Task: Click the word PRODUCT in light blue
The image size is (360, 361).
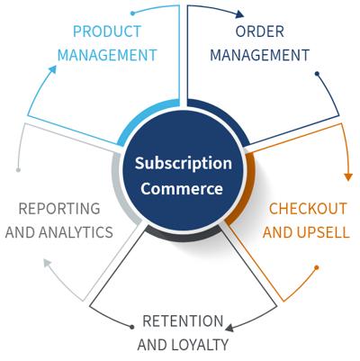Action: click(x=107, y=32)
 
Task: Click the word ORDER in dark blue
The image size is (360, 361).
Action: click(x=260, y=32)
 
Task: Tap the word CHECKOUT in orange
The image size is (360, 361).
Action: click(x=308, y=209)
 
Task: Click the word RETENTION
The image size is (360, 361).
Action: click(x=183, y=321)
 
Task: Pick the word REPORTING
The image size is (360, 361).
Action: click(x=59, y=209)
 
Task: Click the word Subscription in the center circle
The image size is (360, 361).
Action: click(x=184, y=164)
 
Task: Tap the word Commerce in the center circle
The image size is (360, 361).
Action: click(x=182, y=189)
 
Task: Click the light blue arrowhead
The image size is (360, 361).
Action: click(x=53, y=69)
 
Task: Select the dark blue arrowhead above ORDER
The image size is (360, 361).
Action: click(x=239, y=14)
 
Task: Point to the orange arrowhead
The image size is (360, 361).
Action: click(x=348, y=176)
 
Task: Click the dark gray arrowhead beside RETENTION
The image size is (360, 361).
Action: click(x=229, y=328)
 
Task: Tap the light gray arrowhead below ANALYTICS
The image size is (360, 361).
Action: click(x=48, y=263)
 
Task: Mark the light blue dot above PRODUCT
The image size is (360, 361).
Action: click(x=133, y=14)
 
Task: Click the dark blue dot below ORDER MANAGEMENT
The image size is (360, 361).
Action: click(x=317, y=73)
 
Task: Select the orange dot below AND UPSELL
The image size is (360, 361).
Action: click(x=317, y=267)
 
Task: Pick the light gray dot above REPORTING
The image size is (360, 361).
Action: click(x=18, y=170)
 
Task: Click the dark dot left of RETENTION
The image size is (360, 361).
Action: click(x=132, y=327)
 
